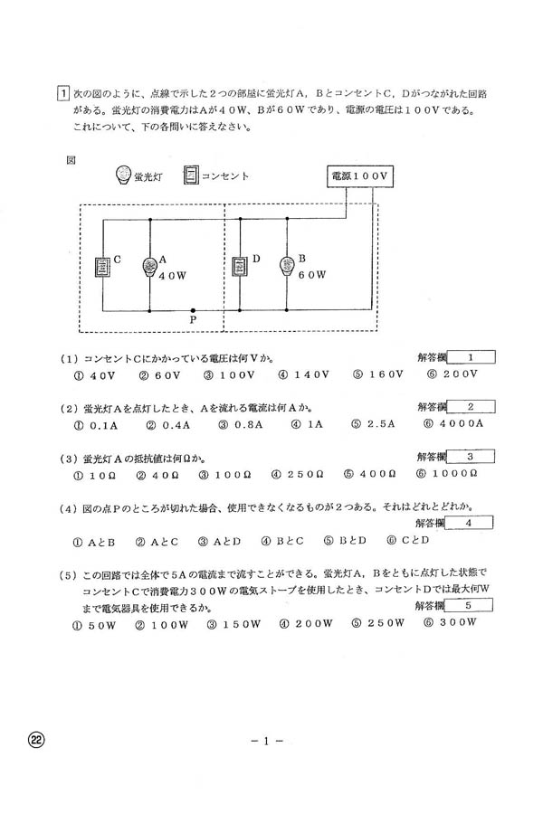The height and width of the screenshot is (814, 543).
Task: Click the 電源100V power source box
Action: (x=358, y=176)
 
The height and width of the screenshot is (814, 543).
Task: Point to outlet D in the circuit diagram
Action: (x=240, y=266)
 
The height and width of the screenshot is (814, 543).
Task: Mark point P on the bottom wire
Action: (x=193, y=310)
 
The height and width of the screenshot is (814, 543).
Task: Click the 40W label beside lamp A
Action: (x=172, y=277)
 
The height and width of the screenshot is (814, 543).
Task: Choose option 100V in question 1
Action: (x=226, y=374)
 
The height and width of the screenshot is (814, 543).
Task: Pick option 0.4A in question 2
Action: (x=167, y=423)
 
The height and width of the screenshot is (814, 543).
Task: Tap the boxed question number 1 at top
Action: (x=62, y=92)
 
